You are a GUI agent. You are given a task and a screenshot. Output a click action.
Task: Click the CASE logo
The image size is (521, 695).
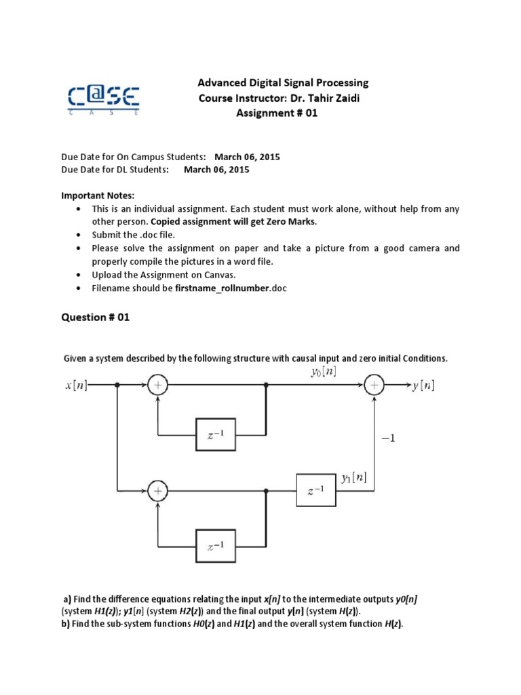[103, 99]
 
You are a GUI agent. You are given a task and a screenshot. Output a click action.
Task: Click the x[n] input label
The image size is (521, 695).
[76, 385]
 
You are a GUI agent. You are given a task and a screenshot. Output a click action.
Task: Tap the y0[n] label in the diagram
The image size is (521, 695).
[322, 371]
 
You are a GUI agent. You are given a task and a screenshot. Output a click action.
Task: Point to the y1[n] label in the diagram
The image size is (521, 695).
[354, 477]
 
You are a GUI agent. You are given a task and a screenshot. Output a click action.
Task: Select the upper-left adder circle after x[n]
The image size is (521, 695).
[157, 385]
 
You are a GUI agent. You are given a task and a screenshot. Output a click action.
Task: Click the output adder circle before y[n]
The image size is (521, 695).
[374, 385]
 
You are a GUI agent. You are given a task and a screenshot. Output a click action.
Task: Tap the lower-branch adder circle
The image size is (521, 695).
[157, 490]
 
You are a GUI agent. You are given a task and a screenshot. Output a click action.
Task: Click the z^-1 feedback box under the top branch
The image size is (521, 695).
[215, 435]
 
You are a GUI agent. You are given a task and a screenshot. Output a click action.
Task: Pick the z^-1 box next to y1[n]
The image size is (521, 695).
[316, 490]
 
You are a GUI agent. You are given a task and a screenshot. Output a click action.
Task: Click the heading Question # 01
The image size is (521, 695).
[96, 317]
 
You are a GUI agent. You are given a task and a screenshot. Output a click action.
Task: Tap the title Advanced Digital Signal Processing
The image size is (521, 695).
[283, 83]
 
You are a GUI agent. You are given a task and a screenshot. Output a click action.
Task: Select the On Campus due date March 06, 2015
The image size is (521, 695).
[247, 157]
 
